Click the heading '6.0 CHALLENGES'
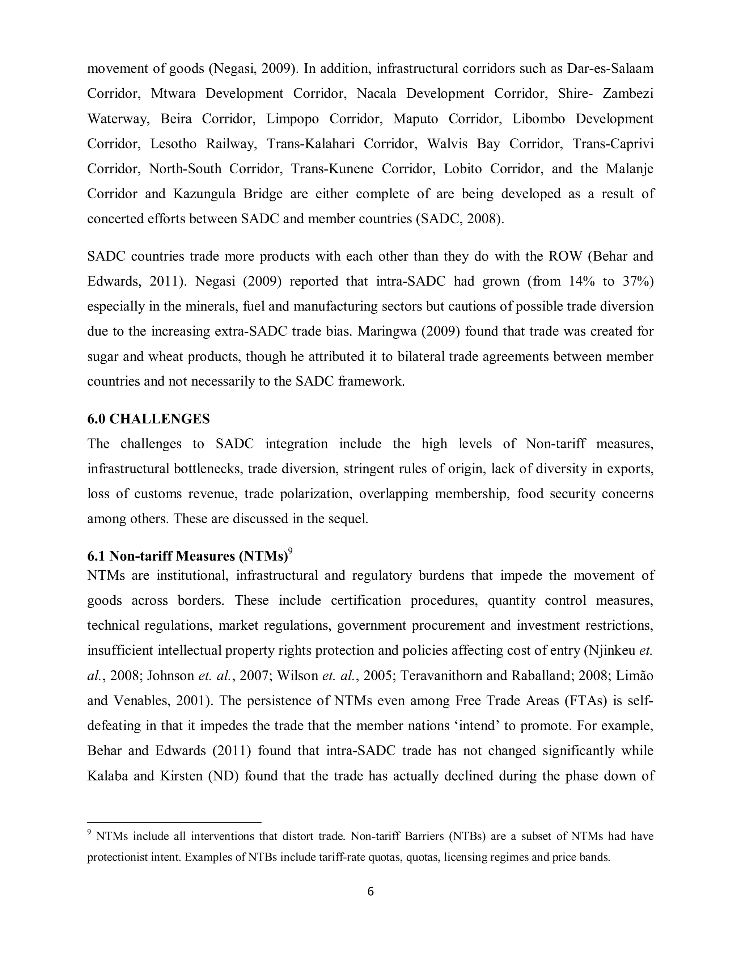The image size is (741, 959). (x=148, y=419)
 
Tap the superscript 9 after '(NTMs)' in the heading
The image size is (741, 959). (x=290, y=552)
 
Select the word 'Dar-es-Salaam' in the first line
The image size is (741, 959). (x=610, y=68)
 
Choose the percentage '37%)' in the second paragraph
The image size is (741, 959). (x=638, y=281)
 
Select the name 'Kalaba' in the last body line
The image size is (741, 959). (x=107, y=776)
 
